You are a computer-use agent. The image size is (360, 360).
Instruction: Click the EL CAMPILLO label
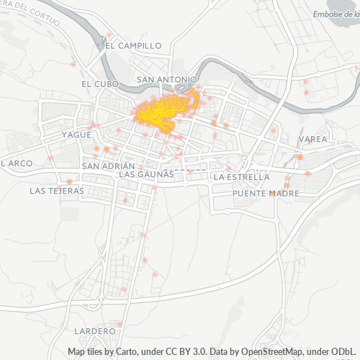coord(133,45)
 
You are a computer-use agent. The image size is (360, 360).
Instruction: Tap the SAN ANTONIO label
coord(166,79)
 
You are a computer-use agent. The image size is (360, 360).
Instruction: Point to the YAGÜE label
coord(76,135)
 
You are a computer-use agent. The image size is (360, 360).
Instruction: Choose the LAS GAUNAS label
coord(146,174)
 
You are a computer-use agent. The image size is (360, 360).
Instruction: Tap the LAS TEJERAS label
coord(56,192)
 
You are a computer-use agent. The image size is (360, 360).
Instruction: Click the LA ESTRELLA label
coord(242,176)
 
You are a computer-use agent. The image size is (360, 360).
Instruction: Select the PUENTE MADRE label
coord(261,194)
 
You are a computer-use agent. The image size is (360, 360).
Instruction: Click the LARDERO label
coord(94,330)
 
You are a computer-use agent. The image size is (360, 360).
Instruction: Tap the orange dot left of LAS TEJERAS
coord(68,181)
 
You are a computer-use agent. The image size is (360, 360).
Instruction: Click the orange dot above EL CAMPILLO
coord(109,35)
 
